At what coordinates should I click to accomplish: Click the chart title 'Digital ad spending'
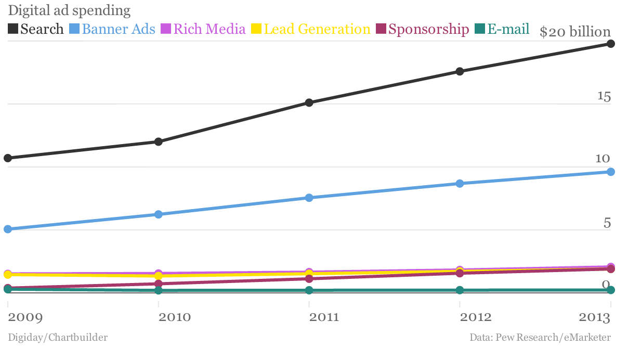pos(69,10)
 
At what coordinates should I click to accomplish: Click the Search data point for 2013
pos(611,44)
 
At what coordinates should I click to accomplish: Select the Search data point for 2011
pos(309,102)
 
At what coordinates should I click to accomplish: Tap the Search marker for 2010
pos(159,142)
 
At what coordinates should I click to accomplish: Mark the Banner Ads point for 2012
pos(460,184)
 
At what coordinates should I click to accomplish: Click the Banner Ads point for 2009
pos(8,229)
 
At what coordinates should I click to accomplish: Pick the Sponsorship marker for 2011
pos(309,279)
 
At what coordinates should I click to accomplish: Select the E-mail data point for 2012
pos(460,290)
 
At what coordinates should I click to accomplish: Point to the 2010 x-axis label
pos(175,317)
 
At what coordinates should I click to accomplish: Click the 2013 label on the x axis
pos(595,317)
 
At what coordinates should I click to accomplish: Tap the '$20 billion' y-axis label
pos(575,32)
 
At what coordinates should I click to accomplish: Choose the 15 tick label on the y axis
pos(603,96)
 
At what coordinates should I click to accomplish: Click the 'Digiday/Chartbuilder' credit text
pos(58,338)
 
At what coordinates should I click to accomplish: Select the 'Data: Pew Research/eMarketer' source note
pos(540,338)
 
